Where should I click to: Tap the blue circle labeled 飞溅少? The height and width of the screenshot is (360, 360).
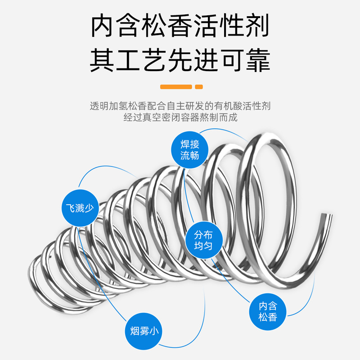79,208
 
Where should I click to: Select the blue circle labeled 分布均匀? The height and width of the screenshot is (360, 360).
202,241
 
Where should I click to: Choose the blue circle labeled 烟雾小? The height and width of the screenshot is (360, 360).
143,332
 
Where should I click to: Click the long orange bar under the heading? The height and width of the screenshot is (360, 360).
176,86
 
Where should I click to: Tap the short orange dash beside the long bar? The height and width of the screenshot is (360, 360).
199,86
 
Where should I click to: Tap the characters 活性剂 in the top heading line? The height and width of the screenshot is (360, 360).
232,27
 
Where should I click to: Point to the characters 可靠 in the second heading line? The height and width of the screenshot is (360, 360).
244,60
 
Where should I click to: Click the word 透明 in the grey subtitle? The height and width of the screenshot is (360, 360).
98,107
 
